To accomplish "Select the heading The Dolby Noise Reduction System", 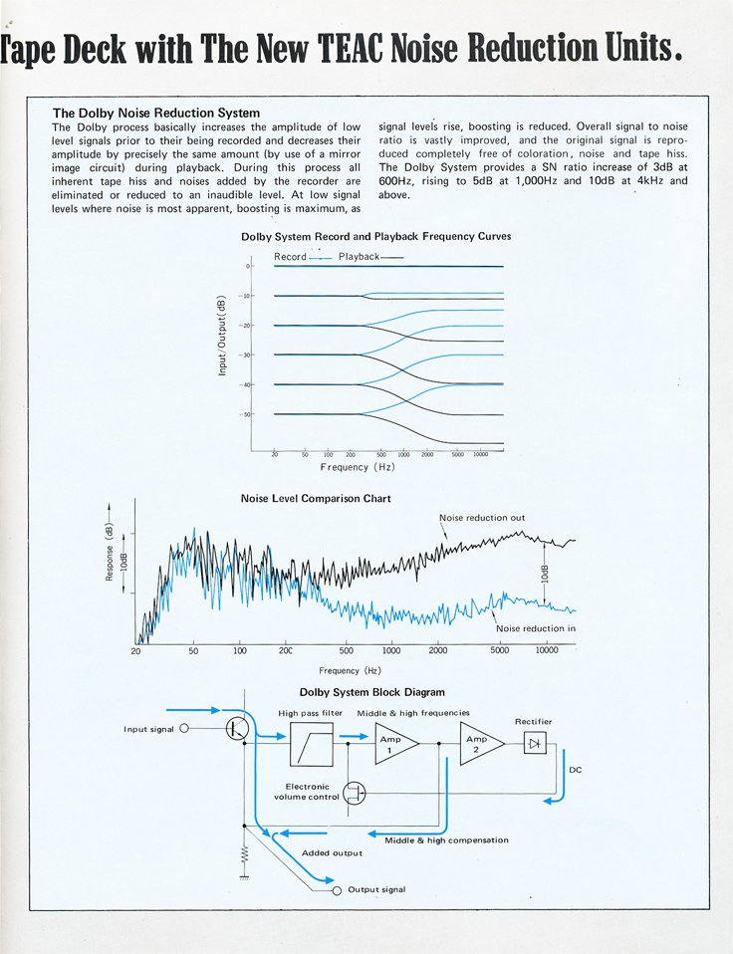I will (x=155, y=113).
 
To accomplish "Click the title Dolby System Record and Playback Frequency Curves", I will (x=376, y=237).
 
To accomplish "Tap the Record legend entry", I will (x=291, y=257).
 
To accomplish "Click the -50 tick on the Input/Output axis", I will (x=246, y=414).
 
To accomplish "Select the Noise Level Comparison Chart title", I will (x=316, y=498).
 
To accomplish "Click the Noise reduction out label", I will (x=482, y=518).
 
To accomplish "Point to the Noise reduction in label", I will (x=535, y=628).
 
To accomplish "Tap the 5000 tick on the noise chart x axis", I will (x=499, y=651).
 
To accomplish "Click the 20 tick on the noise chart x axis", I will (x=135, y=651).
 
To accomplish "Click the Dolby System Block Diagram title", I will (x=371, y=692).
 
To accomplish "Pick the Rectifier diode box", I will (x=535, y=743).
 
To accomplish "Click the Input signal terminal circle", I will (x=183, y=729).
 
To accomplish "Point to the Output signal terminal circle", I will (x=337, y=889).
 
